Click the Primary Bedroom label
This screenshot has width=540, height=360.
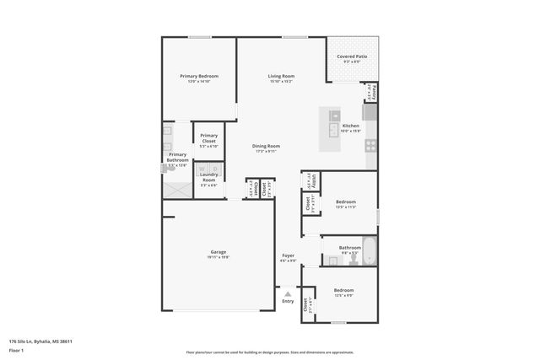(x=199, y=76)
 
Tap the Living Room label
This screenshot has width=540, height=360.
(x=281, y=76)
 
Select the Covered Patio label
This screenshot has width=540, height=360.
(x=352, y=56)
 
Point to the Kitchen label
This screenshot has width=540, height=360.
(x=350, y=126)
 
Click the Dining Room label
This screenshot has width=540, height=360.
(x=266, y=146)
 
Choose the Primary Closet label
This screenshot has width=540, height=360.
(x=208, y=137)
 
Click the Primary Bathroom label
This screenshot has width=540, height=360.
(x=177, y=157)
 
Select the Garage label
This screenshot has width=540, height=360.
(x=219, y=252)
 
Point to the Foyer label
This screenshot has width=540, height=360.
(x=288, y=255)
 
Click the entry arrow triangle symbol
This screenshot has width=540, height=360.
(x=288, y=293)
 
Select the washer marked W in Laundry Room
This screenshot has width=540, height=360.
(x=203, y=168)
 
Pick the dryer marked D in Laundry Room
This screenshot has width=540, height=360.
(x=213, y=168)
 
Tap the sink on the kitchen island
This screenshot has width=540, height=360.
(x=334, y=116)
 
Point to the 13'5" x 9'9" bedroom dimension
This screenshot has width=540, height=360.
(x=343, y=294)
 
